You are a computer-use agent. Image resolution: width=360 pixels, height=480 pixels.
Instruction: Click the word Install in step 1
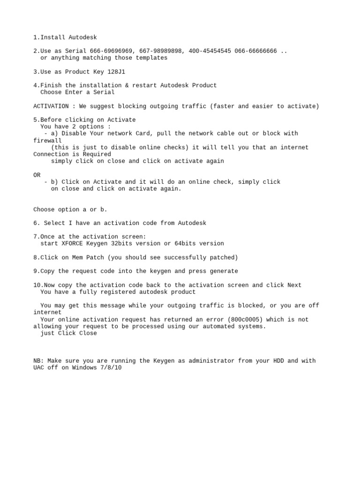[x=52, y=37]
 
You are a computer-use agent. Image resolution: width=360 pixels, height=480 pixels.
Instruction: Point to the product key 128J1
[x=116, y=72]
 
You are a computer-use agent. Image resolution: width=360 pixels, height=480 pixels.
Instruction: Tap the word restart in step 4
[x=144, y=85]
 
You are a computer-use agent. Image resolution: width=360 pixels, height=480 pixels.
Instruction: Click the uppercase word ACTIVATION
[x=51, y=106]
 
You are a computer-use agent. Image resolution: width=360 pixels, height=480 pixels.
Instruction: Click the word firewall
[x=47, y=141]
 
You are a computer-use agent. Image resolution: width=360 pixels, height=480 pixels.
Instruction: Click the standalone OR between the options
[x=37, y=175]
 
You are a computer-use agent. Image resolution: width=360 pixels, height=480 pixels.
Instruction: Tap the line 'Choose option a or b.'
[x=70, y=210]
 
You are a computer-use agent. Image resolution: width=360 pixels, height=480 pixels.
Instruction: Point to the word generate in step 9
[x=224, y=271]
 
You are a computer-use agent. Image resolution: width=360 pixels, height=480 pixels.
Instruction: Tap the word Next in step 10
[x=294, y=285]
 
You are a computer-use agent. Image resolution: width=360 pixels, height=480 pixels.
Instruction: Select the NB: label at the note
[x=39, y=361]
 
